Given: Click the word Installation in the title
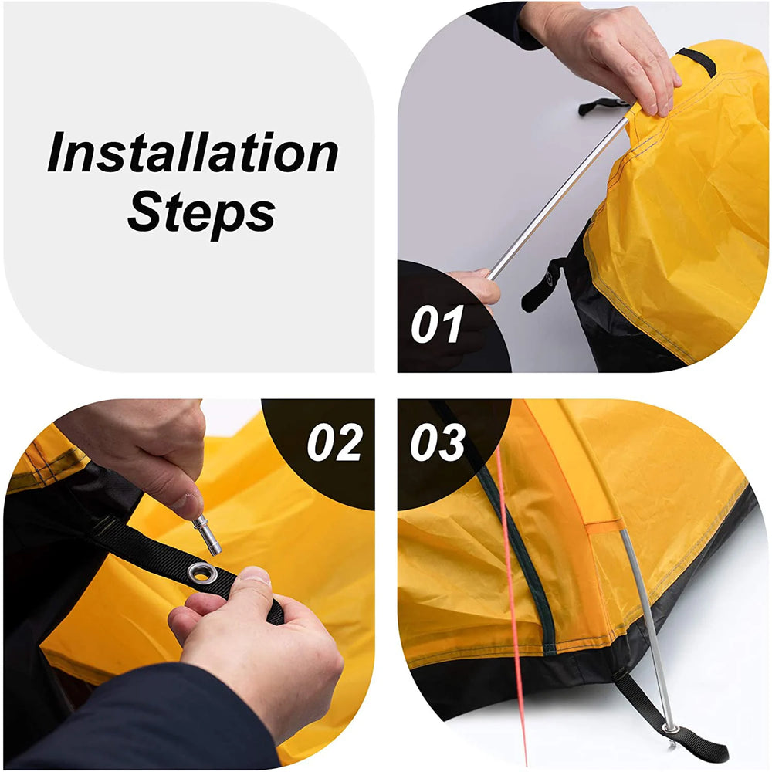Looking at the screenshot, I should [x=193, y=154].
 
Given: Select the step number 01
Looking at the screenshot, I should [x=437, y=324].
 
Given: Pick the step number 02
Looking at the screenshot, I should [x=334, y=443].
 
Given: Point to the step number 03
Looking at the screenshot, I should [x=437, y=443].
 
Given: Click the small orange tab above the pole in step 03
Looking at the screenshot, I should [x=604, y=527].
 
